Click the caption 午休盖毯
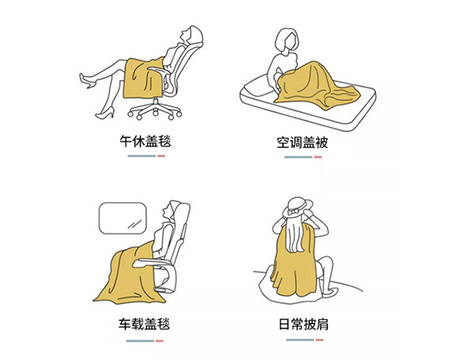(145, 141)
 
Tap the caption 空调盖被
(302, 142)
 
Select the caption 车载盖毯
(144, 324)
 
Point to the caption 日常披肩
(304, 324)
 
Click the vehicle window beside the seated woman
(122, 218)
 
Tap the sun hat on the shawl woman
(297, 207)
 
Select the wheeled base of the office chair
(155, 110)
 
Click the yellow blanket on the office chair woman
(143, 78)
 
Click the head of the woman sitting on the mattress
(287, 40)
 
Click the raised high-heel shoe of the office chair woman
(86, 80)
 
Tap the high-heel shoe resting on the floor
(105, 113)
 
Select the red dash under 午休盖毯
(161, 156)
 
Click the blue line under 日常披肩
(300, 339)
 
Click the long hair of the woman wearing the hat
(295, 235)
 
